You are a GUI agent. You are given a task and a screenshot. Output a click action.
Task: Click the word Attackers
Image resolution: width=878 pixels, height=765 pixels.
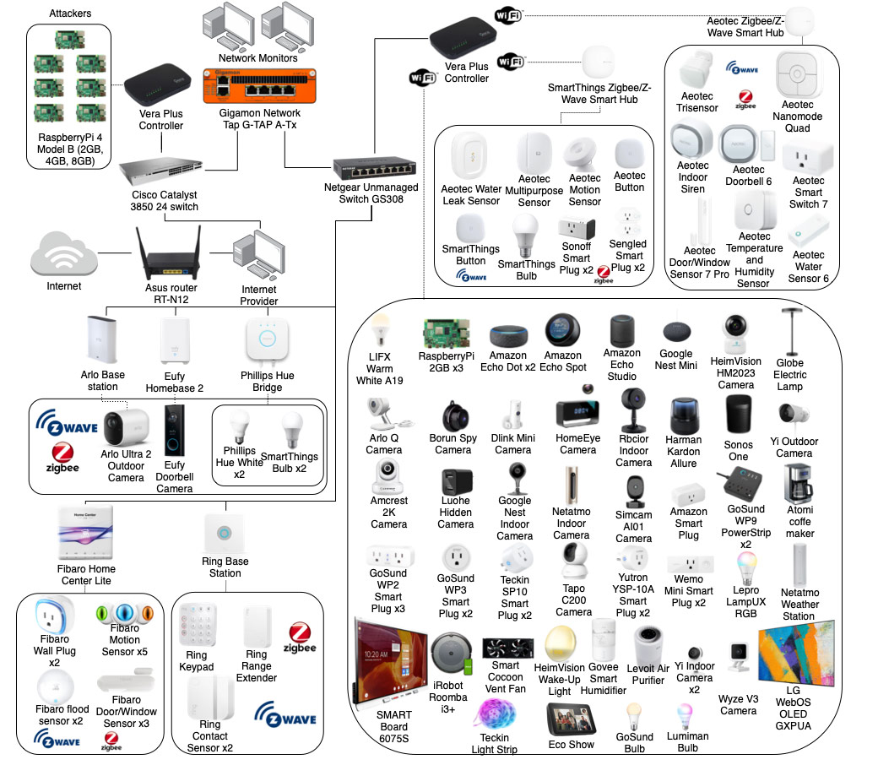(x=71, y=14)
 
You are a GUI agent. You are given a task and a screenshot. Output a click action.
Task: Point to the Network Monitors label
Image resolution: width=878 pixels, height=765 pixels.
(x=258, y=58)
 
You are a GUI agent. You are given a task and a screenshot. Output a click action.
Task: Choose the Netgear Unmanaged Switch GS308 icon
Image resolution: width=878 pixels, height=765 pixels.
(x=373, y=165)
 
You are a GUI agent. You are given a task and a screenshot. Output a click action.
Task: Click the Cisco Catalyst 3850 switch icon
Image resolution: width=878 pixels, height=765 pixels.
(x=160, y=171)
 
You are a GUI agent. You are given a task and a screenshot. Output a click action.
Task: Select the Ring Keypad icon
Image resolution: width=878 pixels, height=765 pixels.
(x=196, y=627)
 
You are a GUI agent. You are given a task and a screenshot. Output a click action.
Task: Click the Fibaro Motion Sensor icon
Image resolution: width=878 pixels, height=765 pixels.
(x=123, y=611)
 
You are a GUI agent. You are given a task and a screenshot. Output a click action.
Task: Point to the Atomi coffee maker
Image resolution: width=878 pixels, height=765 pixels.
(x=799, y=483)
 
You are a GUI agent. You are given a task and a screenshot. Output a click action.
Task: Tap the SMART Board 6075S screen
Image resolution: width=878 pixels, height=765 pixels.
(x=393, y=659)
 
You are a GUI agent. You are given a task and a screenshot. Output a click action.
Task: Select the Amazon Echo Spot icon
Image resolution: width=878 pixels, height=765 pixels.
(x=562, y=329)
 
